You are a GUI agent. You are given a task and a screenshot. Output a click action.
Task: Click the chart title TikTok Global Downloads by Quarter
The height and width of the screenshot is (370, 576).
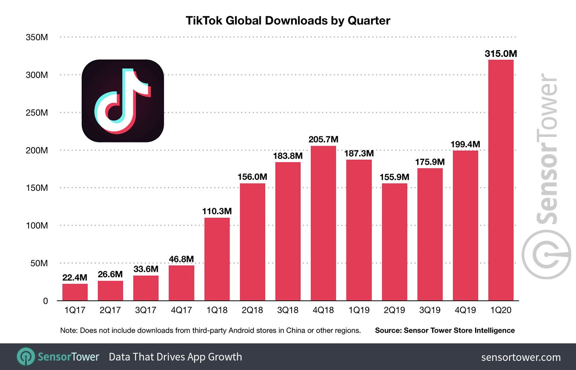pyautogui.click(x=288, y=21)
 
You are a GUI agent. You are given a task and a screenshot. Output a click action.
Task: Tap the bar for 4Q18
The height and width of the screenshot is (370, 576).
pyautogui.click(x=323, y=223)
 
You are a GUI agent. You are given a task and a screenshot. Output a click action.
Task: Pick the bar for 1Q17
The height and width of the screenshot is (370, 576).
pyautogui.click(x=75, y=292)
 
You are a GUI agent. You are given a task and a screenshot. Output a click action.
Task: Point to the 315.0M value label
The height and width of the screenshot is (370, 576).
pyautogui.click(x=501, y=54)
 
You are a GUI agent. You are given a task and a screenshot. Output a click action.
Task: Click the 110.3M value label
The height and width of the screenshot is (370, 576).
pyautogui.click(x=217, y=211)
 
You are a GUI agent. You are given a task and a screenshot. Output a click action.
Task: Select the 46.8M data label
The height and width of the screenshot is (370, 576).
pyautogui.click(x=182, y=259)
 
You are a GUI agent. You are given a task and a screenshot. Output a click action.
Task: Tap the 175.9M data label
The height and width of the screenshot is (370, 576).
pyautogui.click(x=430, y=162)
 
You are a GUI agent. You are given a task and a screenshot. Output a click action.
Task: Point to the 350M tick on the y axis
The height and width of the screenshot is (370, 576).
pyautogui.click(x=37, y=37)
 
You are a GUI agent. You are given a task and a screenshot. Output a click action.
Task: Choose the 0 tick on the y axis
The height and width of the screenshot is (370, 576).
pyautogui.click(x=45, y=301)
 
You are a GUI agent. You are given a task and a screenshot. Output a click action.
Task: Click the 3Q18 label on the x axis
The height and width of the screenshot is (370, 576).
pyautogui.click(x=288, y=310)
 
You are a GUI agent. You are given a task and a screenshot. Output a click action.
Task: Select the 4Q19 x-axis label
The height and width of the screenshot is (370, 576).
pyautogui.click(x=465, y=310)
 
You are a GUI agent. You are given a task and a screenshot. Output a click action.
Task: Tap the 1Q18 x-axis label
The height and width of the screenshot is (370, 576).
pyautogui.click(x=217, y=310)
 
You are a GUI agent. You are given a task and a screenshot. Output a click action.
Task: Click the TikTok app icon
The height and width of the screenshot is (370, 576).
pyautogui.click(x=123, y=101)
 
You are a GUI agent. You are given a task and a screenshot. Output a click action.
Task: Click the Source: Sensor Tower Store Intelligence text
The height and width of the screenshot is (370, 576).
pyautogui.click(x=445, y=331)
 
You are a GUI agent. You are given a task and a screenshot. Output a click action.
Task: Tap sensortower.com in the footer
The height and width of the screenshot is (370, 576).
pyautogui.click(x=521, y=357)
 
